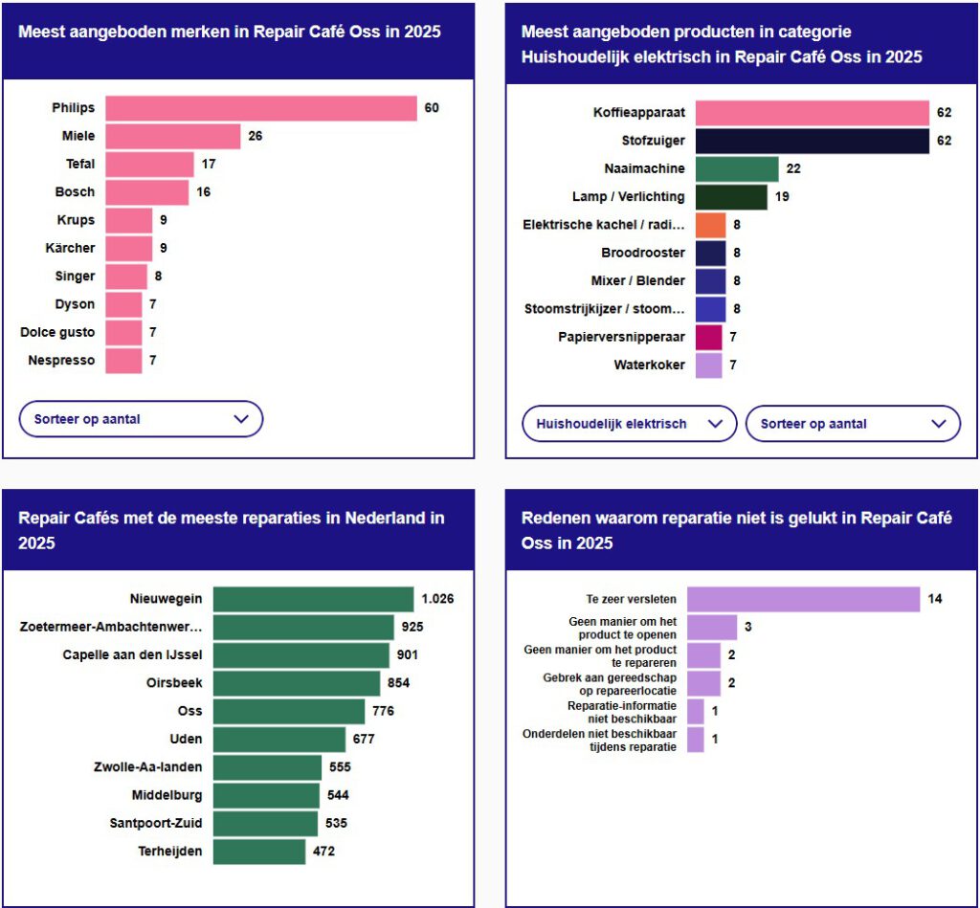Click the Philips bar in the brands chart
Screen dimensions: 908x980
pyautogui.click(x=261, y=108)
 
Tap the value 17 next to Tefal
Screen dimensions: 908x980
pyautogui.click(x=209, y=165)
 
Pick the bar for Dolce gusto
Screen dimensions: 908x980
pyautogui.click(x=123, y=332)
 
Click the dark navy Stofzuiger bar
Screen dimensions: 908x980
pyautogui.click(x=812, y=141)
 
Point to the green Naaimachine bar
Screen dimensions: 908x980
pyautogui.click(x=737, y=168)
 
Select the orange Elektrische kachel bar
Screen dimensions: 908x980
pyautogui.click(x=710, y=225)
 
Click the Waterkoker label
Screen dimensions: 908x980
pyautogui.click(x=650, y=365)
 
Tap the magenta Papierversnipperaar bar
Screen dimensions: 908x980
pyautogui.click(x=708, y=337)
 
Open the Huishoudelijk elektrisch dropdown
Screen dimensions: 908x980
pyautogui.click(x=629, y=424)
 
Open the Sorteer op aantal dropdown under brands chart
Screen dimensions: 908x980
pyautogui.click(x=141, y=419)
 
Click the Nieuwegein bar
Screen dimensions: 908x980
pyautogui.click(x=313, y=599)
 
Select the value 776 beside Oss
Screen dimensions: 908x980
pyautogui.click(x=384, y=711)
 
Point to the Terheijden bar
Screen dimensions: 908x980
pyautogui.click(x=259, y=852)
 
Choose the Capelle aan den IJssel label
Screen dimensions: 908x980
pyautogui.click(x=133, y=655)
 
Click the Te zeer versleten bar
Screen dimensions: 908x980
pyautogui.click(x=803, y=600)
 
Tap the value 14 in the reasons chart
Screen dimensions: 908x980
pyautogui.click(x=935, y=600)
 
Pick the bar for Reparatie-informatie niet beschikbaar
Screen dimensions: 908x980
pyautogui.click(x=696, y=712)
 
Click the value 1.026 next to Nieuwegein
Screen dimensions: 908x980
pyautogui.click(x=437, y=599)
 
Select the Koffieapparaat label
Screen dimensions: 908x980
pyautogui.click(x=639, y=113)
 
